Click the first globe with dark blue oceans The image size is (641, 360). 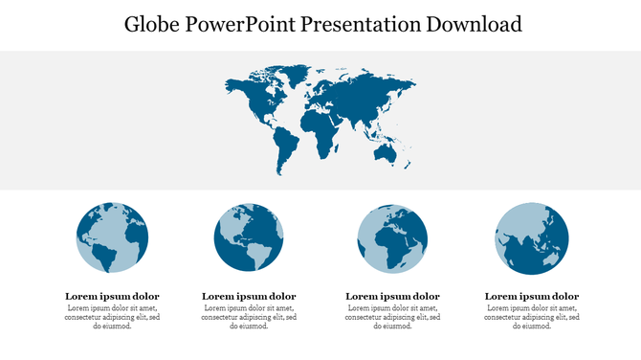click(112, 237)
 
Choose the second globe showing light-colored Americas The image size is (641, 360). click(249, 237)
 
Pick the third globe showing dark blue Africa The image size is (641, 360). click(391, 238)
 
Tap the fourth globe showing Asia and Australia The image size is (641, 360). click(531, 237)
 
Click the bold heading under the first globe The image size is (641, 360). click(112, 296)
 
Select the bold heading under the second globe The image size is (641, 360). click(249, 296)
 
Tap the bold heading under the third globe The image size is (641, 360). click(392, 296)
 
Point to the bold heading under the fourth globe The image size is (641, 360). click(531, 296)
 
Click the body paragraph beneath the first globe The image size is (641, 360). click(112, 317)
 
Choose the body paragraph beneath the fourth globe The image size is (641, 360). click(531, 317)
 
